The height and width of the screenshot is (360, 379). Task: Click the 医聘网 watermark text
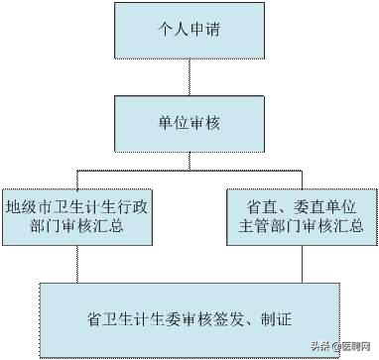pos(355,346)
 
